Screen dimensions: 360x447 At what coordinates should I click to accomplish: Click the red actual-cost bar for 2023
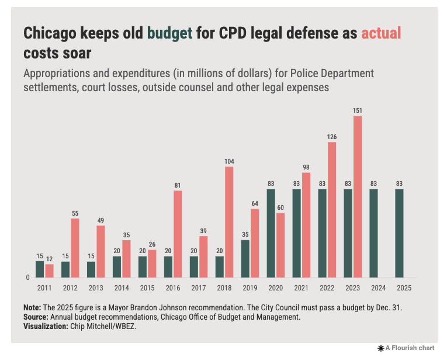[x=358, y=196]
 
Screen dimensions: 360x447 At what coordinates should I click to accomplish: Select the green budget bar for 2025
[x=399, y=233]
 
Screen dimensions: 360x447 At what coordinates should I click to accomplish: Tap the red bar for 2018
[x=229, y=222]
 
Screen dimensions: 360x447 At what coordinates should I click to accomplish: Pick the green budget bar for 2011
[x=40, y=269]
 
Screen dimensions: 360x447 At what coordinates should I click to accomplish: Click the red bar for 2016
[x=178, y=234]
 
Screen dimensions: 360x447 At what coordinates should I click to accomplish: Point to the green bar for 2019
[x=245, y=258]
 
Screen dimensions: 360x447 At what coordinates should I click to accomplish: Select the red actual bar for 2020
[x=280, y=245]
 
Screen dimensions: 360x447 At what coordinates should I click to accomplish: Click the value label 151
[x=358, y=110]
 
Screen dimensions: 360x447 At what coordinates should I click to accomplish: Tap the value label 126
[x=332, y=137]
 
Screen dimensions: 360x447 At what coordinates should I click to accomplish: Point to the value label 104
[x=229, y=161]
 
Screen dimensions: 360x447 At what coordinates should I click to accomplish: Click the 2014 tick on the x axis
[x=122, y=288]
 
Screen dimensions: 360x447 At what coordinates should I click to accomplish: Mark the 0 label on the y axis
[x=27, y=278]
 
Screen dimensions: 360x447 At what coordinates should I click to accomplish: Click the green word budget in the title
[x=170, y=33]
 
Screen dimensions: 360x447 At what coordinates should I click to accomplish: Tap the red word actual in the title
[x=381, y=33]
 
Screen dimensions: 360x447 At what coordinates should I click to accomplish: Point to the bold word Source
[x=36, y=317]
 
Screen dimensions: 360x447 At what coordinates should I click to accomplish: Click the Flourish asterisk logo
[x=380, y=348]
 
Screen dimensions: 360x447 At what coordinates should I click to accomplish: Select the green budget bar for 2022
[x=323, y=233]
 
